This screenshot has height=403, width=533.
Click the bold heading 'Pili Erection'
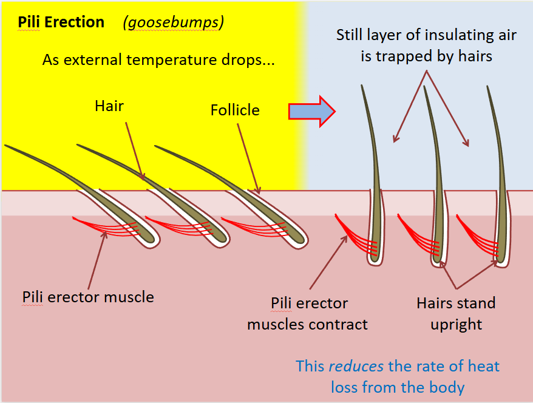[x=61, y=22]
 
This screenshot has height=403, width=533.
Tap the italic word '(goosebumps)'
[x=173, y=22]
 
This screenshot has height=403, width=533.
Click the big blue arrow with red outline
[x=311, y=110]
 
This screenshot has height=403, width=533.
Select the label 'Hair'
[x=109, y=106]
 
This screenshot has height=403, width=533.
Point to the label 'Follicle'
[x=235, y=110]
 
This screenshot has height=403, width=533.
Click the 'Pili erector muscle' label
[x=88, y=297]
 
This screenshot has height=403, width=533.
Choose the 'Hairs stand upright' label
[x=456, y=314]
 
